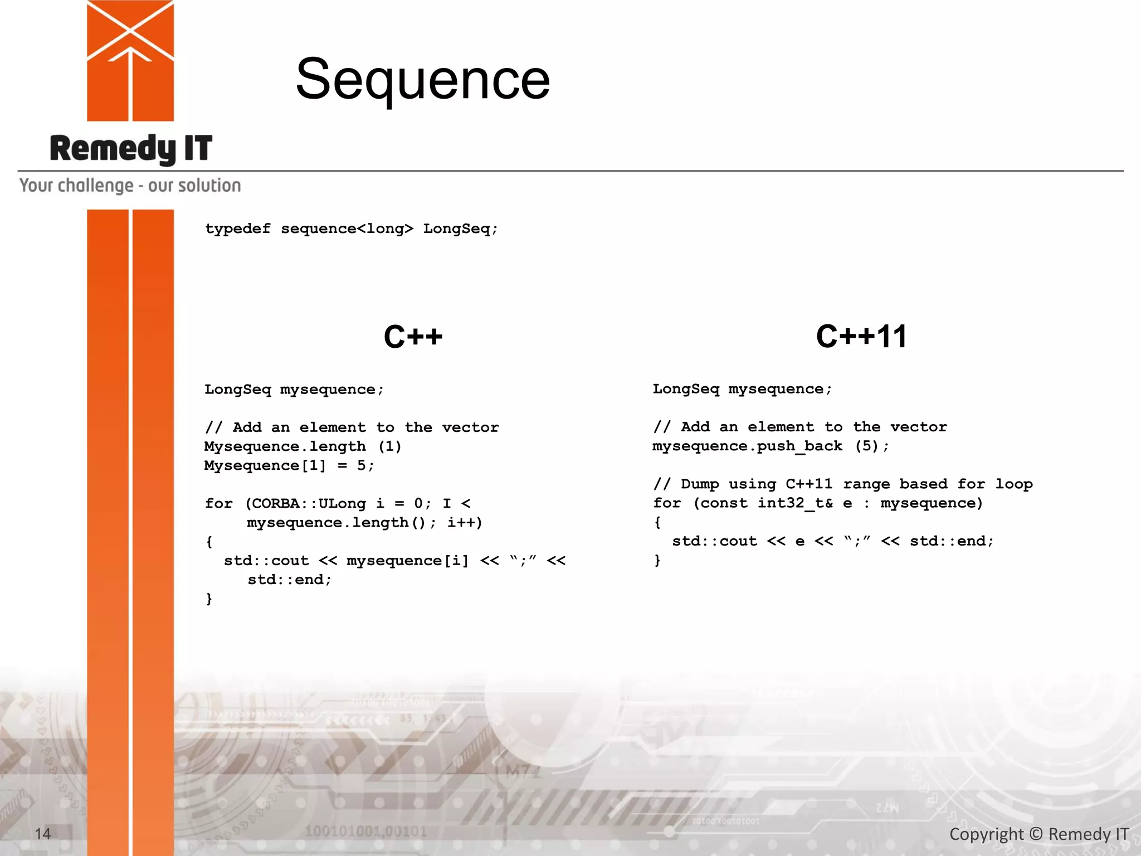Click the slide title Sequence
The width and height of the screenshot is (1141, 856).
pyautogui.click(x=422, y=79)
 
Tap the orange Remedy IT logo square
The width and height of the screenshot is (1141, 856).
pyautogui.click(x=130, y=60)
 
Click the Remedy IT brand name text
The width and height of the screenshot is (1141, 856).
pyautogui.click(x=131, y=149)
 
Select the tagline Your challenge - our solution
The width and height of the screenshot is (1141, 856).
pyautogui.click(x=130, y=186)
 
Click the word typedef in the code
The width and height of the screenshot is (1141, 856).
pyautogui.click(x=238, y=229)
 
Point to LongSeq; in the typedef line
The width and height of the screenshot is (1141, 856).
pyautogui.click(x=460, y=229)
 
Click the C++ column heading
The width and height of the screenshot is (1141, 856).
pyautogui.click(x=413, y=337)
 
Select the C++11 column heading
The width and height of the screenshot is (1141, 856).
pyautogui.click(x=861, y=337)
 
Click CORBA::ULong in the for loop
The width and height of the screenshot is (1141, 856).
pyautogui.click(x=309, y=504)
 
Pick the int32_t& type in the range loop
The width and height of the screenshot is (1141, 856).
pyautogui.click(x=795, y=503)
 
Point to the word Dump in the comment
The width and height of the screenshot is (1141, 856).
pyautogui.click(x=700, y=484)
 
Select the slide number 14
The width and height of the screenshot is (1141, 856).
pyautogui.click(x=43, y=834)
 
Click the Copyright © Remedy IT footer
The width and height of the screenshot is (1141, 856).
pyautogui.click(x=1038, y=834)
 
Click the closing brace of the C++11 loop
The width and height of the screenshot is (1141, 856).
pyautogui.click(x=657, y=560)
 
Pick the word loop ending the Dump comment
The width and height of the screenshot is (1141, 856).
pyautogui.click(x=1014, y=484)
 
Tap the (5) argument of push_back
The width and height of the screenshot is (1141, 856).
pyautogui.click(x=866, y=446)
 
